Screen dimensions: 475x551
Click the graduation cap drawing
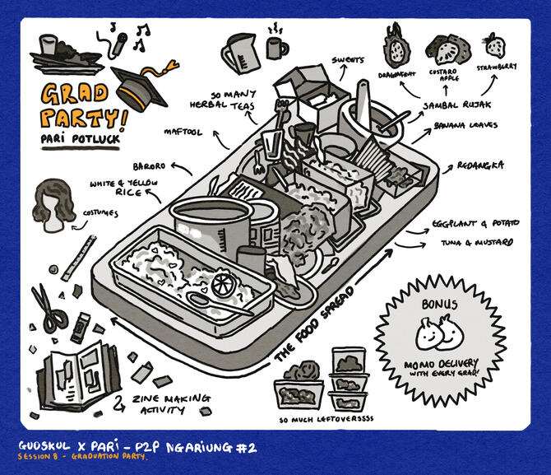pyautogui.click(x=140, y=84)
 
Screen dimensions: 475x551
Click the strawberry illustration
pyautogui.click(x=495, y=44)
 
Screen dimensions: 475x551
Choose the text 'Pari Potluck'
pyautogui.click(x=81, y=138)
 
